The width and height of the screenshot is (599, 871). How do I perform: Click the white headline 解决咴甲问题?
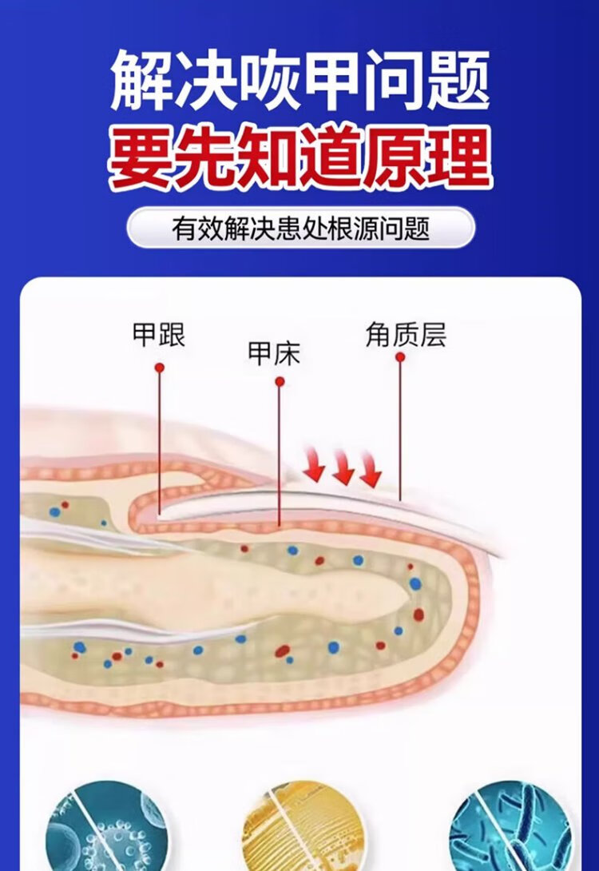click(x=299, y=80)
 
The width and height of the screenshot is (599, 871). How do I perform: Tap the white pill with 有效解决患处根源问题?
click(x=300, y=228)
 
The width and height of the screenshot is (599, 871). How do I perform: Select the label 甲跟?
click(x=159, y=335)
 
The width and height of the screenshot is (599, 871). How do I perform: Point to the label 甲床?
click(x=274, y=353)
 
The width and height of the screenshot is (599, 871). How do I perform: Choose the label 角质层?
click(x=406, y=335)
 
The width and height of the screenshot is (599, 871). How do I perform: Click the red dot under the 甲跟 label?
click(x=159, y=367)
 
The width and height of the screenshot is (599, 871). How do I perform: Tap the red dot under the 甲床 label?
click(x=280, y=382)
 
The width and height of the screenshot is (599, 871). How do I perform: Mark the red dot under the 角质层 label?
click(x=400, y=358)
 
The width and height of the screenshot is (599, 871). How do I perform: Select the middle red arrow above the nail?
click(x=343, y=471)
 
